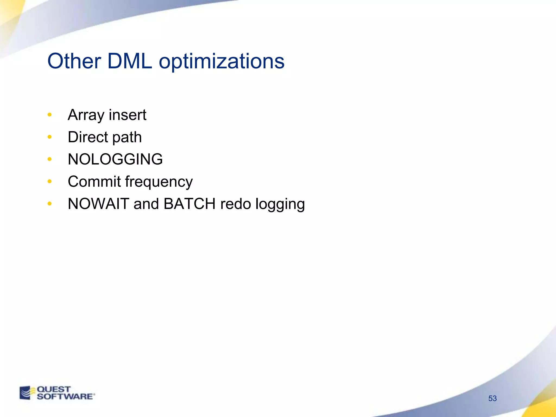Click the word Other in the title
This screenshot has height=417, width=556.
pyautogui.click(x=74, y=61)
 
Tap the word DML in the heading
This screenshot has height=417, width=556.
pyautogui.click(x=129, y=61)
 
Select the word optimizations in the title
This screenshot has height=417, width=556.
pyautogui.click(x=222, y=62)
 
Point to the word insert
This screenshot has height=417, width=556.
pyautogui.click(x=128, y=115)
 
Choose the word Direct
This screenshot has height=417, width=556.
pyautogui.click(x=88, y=137)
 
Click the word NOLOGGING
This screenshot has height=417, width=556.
pyautogui.click(x=115, y=159)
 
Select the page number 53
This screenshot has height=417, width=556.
pyautogui.click(x=492, y=398)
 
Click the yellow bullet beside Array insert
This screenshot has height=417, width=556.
pyautogui.click(x=49, y=115)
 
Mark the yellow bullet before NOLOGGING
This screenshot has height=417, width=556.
pyautogui.click(x=49, y=159)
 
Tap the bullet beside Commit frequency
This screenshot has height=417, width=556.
pyautogui.click(x=49, y=181)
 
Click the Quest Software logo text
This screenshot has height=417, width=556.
pyautogui.click(x=65, y=393)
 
